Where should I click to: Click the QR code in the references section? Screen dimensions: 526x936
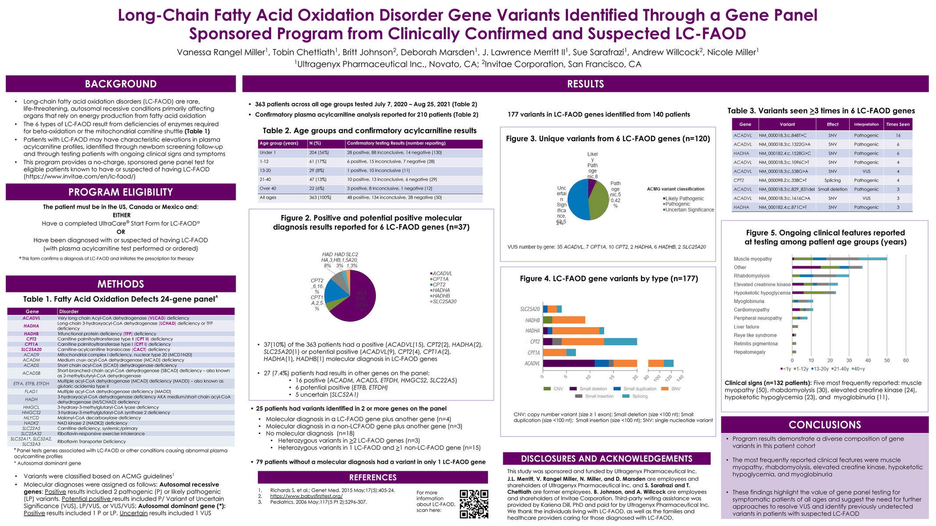point(474,504)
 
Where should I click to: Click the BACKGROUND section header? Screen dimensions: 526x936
point(121,84)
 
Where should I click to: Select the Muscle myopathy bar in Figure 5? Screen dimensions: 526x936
point(839,259)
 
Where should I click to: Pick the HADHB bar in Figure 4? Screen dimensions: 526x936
point(564,320)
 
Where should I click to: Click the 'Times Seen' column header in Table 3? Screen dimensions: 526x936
point(898,124)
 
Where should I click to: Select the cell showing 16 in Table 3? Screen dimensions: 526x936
point(898,135)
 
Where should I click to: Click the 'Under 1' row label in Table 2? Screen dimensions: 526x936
point(268,153)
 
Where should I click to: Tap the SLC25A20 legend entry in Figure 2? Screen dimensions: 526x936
point(444,302)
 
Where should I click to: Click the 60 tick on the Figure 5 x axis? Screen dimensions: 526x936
point(906,360)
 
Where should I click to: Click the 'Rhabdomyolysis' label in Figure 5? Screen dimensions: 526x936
point(751,276)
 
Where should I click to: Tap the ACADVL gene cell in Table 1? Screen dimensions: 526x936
point(31,318)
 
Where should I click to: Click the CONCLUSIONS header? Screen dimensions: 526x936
point(825,425)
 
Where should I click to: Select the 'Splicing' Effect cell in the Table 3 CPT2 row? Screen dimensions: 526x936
point(832,181)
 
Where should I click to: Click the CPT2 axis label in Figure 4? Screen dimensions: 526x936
point(534,341)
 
